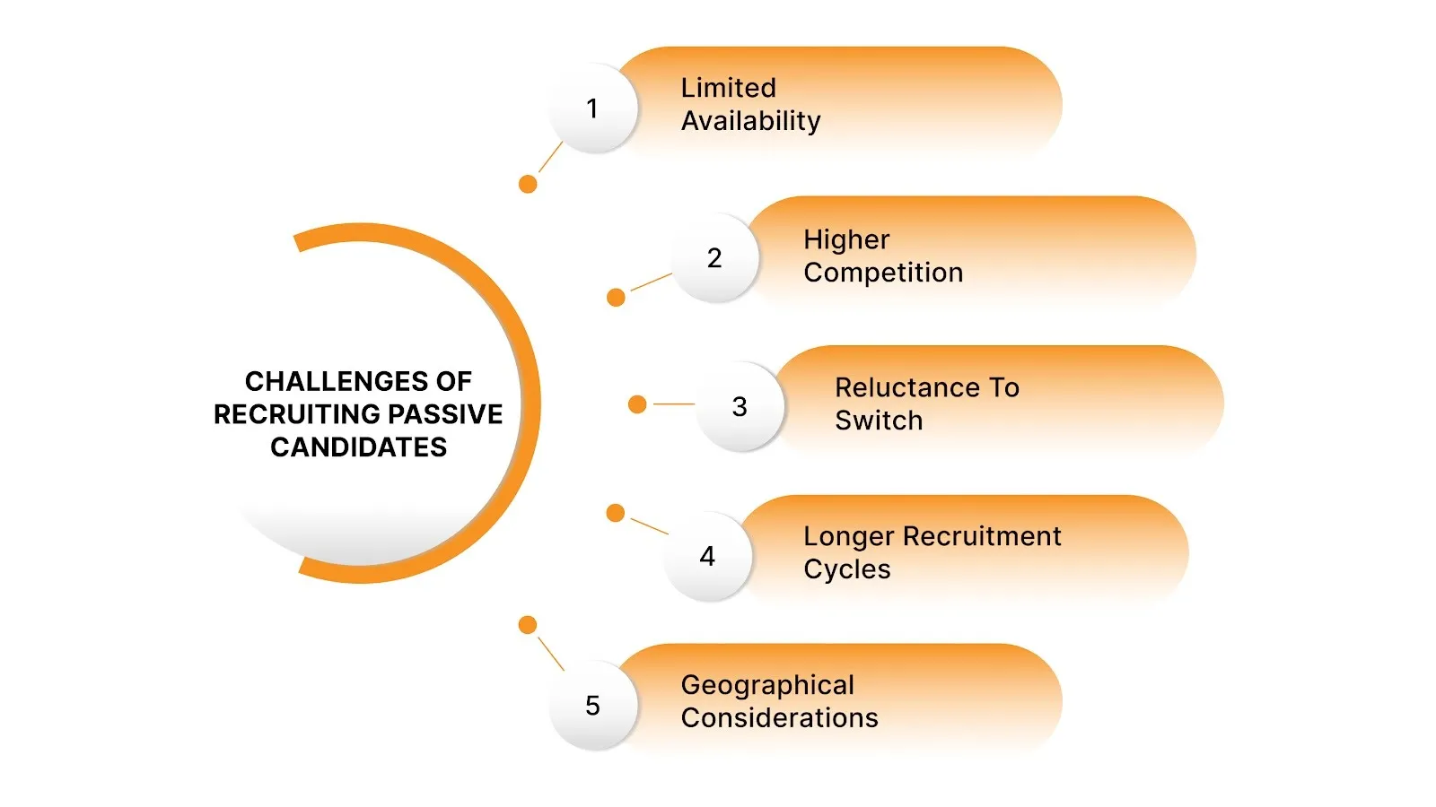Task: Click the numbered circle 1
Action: click(592, 108)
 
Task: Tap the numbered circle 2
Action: click(714, 258)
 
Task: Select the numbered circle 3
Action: click(740, 407)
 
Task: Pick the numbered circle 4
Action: click(707, 556)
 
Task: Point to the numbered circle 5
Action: click(592, 706)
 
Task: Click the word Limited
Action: click(728, 88)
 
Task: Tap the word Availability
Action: click(750, 121)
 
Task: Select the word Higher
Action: click(846, 239)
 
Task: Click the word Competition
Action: click(883, 273)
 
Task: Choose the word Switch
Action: click(879, 421)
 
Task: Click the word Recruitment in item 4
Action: click(982, 536)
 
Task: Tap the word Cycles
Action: click(846, 569)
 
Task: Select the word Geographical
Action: click(767, 685)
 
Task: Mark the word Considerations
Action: click(779, 718)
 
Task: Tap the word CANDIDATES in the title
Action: click(358, 447)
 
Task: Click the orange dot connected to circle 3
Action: click(637, 404)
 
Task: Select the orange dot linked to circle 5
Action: click(528, 625)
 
